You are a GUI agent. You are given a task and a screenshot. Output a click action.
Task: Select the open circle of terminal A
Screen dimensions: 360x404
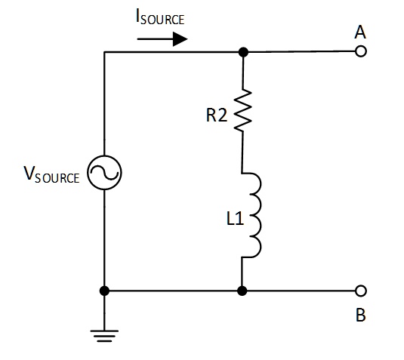click(360, 52)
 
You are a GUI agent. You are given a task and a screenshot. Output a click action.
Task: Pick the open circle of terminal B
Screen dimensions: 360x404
click(360, 291)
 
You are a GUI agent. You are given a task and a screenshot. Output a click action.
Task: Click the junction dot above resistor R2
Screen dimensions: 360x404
click(242, 53)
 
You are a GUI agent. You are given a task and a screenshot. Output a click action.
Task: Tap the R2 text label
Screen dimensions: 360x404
click(217, 115)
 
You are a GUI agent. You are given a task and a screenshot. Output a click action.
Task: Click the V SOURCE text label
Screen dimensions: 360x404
click(51, 177)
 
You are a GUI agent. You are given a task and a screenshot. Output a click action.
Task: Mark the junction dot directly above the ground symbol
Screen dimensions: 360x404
click(104, 291)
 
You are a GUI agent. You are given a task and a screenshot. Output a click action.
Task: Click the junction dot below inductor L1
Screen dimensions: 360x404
click(242, 291)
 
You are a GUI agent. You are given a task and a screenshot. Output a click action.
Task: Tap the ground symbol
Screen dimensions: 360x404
click(104, 332)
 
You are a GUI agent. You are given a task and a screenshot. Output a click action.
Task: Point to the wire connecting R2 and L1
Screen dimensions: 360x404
click(242, 155)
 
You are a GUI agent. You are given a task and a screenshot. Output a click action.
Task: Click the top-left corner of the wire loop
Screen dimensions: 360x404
click(104, 53)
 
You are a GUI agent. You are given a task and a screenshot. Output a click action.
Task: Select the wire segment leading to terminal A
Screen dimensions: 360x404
click(302, 53)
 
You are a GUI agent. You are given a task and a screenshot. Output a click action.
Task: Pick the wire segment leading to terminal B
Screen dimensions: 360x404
click(302, 291)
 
